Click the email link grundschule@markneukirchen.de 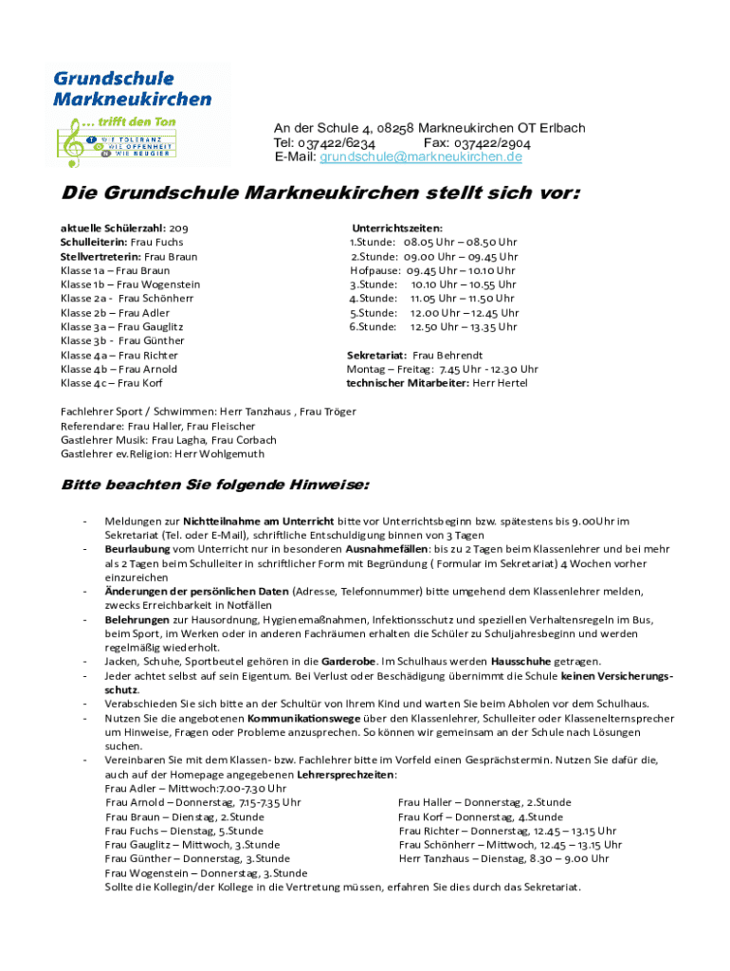[x=421, y=156]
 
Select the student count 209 [x=178, y=228]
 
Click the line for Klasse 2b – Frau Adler [x=115, y=313]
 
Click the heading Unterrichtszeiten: [x=397, y=228]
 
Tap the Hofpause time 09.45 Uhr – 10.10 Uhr [x=461, y=270]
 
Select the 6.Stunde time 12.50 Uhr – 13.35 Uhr [x=464, y=327]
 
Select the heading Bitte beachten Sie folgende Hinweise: [x=215, y=485]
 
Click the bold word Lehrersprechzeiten [x=345, y=775]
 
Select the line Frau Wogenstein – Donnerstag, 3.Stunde [x=206, y=873]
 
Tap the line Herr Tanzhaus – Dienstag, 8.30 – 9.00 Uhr [x=503, y=859]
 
